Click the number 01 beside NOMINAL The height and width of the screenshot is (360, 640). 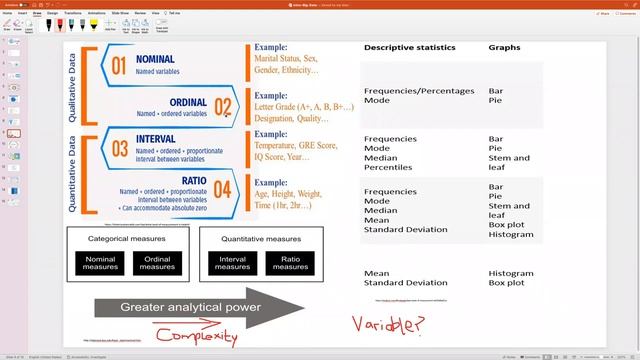pyautogui.click(x=118, y=67)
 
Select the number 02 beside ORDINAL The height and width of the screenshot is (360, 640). pyautogui.click(x=222, y=108)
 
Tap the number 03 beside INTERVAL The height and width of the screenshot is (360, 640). pyautogui.click(x=119, y=150)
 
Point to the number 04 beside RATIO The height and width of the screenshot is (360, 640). pyautogui.click(x=222, y=190)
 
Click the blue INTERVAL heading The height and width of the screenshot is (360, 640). pyautogui.click(x=163, y=141)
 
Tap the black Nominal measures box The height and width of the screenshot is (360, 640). pyautogui.click(x=99, y=263)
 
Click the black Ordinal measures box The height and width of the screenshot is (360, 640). pyautogui.click(x=157, y=263)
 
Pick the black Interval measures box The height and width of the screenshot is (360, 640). pyautogui.click(x=232, y=263)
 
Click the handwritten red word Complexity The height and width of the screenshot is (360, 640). pyautogui.click(x=204, y=337)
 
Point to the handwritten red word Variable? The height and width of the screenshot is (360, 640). pyautogui.click(x=386, y=324)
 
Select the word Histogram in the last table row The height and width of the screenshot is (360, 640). pyautogui.click(x=510, y=273)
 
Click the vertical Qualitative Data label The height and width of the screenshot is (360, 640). pyautogui.click(x=73, y=88)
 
